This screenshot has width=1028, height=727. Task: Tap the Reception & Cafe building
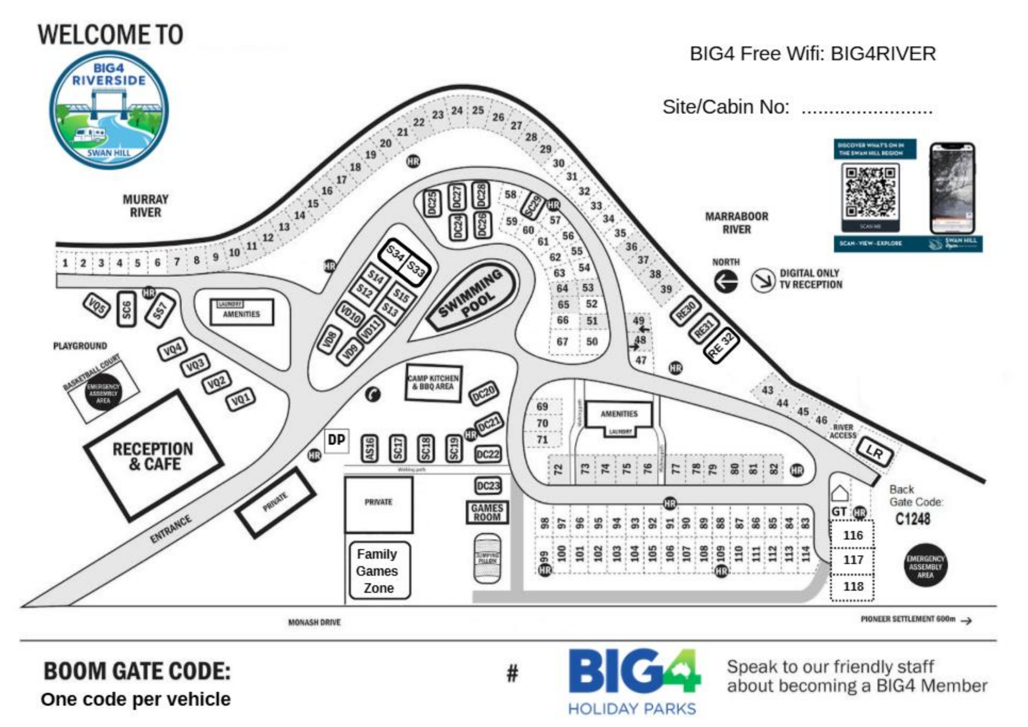tap(153, 456)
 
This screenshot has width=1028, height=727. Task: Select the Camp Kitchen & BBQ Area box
tap(433, 383)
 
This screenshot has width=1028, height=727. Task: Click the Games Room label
tap(487, 512)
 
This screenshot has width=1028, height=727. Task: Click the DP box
tap(336, 440)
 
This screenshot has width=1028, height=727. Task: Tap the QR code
tap(870, 191)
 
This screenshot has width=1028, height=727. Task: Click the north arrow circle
tap(726, 282)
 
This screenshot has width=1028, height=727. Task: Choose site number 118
tap(853, 587)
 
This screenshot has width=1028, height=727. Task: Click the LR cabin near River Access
tap(874, 453)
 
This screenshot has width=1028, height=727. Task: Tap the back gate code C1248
tap(913, 519)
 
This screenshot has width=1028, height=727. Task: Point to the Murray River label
tap(145, 206)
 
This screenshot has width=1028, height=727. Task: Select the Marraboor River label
tap(736, 223)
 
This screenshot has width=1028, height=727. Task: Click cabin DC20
tap(484, 393)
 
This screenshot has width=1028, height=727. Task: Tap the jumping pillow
tap(487, 559)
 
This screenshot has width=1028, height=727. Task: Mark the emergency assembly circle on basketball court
tap(103, 393)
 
